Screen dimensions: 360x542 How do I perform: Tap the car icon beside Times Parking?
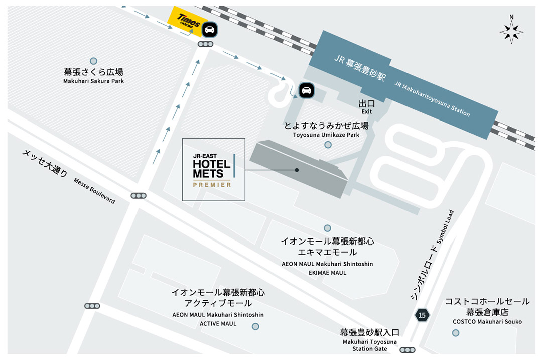click(x=210, y=30)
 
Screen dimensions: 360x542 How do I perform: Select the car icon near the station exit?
click(x=306, y=90)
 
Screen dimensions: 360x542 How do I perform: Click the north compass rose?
click(x=511, y=31)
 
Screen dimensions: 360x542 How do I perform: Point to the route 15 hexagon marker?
click(x=422, y=315)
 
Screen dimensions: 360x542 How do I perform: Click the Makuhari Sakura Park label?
click(x=93, y=81)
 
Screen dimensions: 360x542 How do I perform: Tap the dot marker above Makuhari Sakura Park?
click(x=93, y=61)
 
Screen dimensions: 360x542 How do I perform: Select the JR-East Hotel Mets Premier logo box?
click(x=213, y=170)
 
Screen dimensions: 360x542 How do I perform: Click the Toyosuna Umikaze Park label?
click(x=326, y=135)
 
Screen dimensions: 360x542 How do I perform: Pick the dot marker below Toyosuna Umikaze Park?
click(x=328, y=145)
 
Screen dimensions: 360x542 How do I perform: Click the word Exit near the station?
click(x=367, y=112)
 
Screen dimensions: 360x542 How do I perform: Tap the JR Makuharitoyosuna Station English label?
click(x=432, y=99)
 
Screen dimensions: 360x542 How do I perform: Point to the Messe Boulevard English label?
click(x=94, y=191)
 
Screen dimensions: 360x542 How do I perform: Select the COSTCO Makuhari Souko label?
click(x=487, y=322)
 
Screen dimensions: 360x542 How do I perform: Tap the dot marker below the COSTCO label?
click(x=455, y=332)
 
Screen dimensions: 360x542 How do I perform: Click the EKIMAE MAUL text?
click(x=328, y=273)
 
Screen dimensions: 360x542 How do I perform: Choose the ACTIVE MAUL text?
click(x=218, y=324)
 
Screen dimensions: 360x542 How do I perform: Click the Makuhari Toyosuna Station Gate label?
click(x=369, y=345)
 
